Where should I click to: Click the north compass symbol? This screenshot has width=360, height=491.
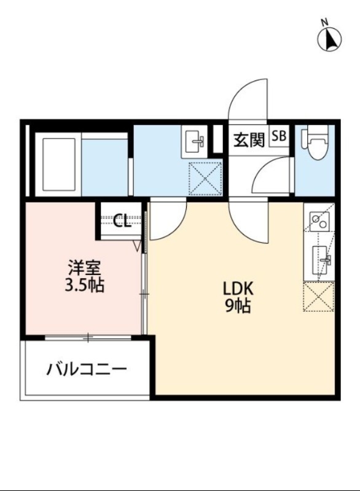(x=330, y=40)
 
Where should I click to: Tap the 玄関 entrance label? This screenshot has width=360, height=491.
(x=248, y=139)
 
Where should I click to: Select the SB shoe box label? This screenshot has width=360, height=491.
(x=278, y=136)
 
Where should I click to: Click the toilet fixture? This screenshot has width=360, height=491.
(x=316, y=145)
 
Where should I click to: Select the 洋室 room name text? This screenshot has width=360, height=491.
(x=85, y=268)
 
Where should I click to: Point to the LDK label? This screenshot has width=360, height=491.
(x=237, y=288)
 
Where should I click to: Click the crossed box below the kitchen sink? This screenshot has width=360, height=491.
(x=319, y=296)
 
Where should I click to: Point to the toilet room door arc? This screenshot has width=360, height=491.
(x=270, y=178)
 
